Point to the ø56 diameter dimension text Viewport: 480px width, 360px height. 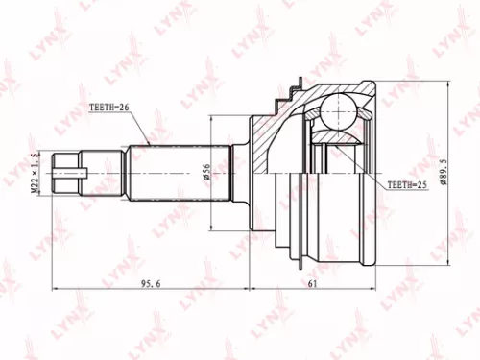pos(205,171)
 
